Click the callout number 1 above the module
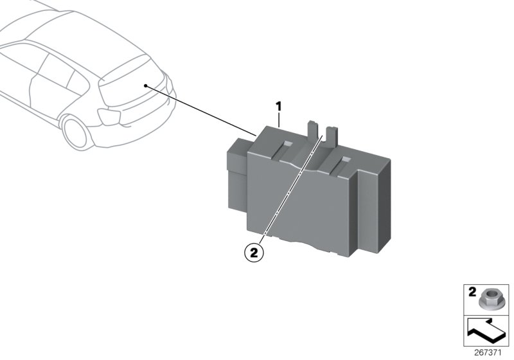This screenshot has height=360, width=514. tap(279, 105)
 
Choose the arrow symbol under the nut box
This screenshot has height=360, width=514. tap(486, 332)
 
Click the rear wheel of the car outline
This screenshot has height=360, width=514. tap(78, 132)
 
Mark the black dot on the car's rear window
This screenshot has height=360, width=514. tap(146, 85)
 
